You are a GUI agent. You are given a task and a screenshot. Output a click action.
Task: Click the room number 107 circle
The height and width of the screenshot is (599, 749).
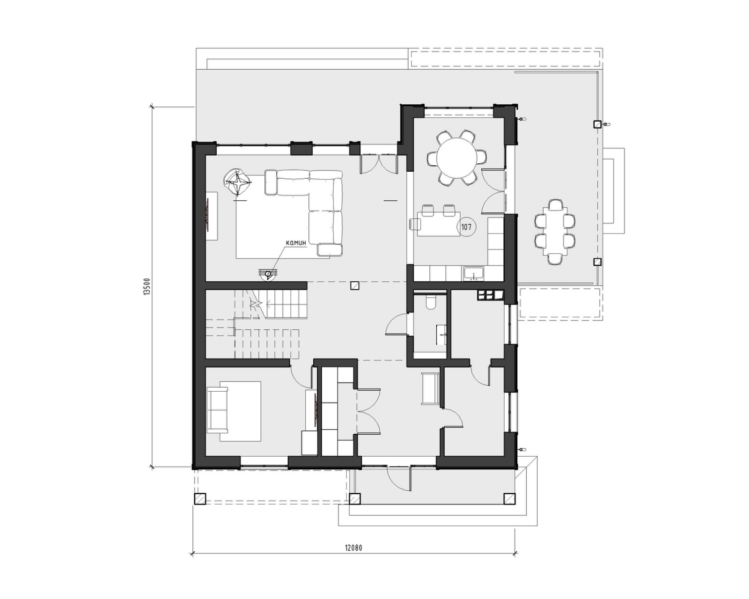466,227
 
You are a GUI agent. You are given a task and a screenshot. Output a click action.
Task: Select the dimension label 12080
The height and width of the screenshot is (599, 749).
353,548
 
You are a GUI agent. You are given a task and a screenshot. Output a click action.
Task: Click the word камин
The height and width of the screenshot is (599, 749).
295,243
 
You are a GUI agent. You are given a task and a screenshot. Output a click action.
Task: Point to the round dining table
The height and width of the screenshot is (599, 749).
456,157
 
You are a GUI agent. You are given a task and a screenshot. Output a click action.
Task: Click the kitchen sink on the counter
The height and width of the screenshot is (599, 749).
474,273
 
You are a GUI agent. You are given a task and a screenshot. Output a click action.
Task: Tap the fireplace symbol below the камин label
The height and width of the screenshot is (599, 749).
268,274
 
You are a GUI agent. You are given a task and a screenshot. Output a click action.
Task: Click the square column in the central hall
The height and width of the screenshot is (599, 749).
355,286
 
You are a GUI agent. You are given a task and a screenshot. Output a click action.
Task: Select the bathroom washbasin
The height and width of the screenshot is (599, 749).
441,335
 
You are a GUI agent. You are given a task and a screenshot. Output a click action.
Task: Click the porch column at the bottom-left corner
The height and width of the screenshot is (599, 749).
200,499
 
